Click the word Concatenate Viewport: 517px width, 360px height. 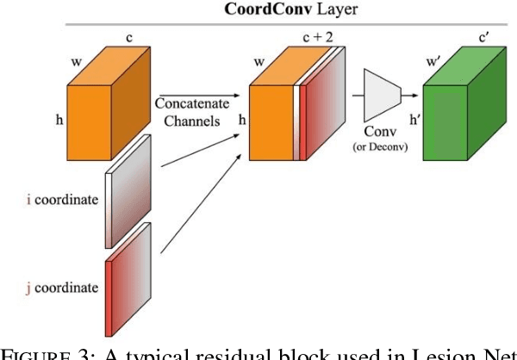coord(194,101)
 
